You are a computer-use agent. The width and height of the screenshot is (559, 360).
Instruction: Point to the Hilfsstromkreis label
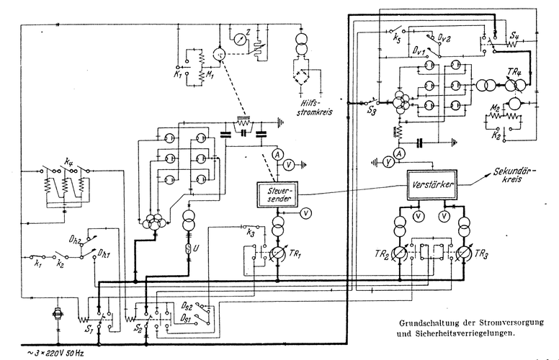pyautogui.click(x=312, y=109)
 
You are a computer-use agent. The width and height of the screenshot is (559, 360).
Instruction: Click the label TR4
pyautogui.click(x=514, y=73)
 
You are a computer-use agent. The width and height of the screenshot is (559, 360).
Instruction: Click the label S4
pyautogui.click(x=514, y=35)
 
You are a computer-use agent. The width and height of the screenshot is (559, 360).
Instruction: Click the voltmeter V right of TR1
pyautogui.click(x=306, y=213)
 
